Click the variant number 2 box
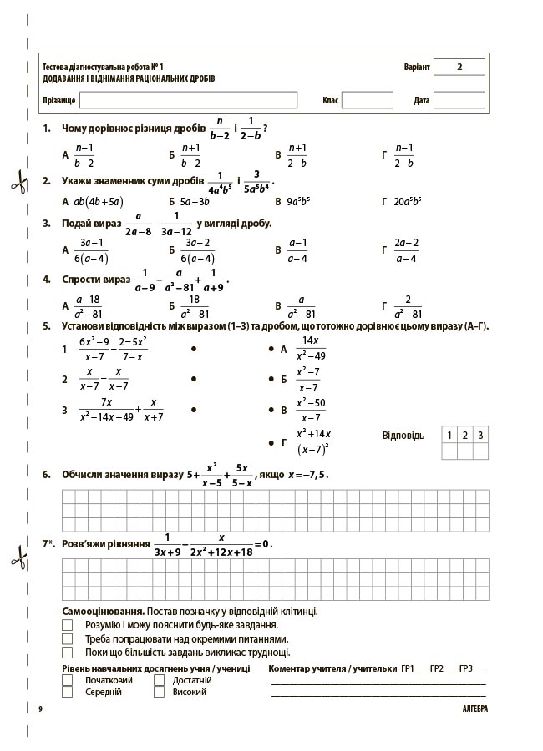point(459,68)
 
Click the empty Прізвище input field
point(188,100)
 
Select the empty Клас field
point(367,100)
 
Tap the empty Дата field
point(459,100)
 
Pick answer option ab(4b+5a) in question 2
point(98,201)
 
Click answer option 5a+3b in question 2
point(195,201)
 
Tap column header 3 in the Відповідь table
point(480,435)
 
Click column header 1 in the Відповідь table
point(449,435)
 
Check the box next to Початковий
point(68,680)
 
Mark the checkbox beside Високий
point(160,692)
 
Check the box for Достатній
point(160,680)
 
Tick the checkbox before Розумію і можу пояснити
point(68,624)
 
